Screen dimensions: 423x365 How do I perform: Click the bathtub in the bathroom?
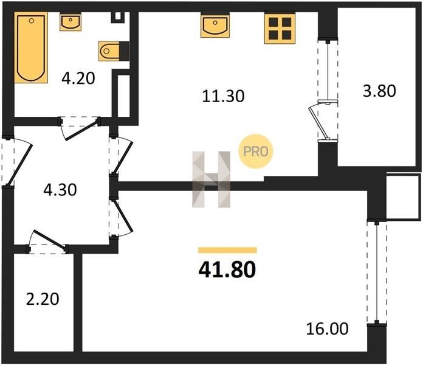31,47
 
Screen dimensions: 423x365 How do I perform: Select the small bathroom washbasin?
70,23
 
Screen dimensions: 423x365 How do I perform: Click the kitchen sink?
215,26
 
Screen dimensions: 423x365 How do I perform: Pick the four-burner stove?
280,29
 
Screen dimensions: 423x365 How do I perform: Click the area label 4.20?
78,78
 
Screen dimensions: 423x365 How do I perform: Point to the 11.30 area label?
223,96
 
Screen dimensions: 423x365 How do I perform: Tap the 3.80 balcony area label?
379,91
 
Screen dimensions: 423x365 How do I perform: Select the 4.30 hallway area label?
60,190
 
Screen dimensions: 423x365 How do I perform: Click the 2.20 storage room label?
43,299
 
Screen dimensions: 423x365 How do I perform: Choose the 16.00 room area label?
327,329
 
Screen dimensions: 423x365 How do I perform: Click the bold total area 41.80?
227,270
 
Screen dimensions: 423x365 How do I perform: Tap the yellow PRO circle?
255,151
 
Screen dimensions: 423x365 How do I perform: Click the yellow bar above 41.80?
227,250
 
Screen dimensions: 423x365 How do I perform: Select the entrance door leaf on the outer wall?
19,165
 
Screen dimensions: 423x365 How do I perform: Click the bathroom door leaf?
81,131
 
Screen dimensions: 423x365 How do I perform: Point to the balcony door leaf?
318,122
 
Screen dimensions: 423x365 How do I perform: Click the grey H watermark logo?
211,179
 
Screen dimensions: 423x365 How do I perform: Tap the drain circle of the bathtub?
32,21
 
